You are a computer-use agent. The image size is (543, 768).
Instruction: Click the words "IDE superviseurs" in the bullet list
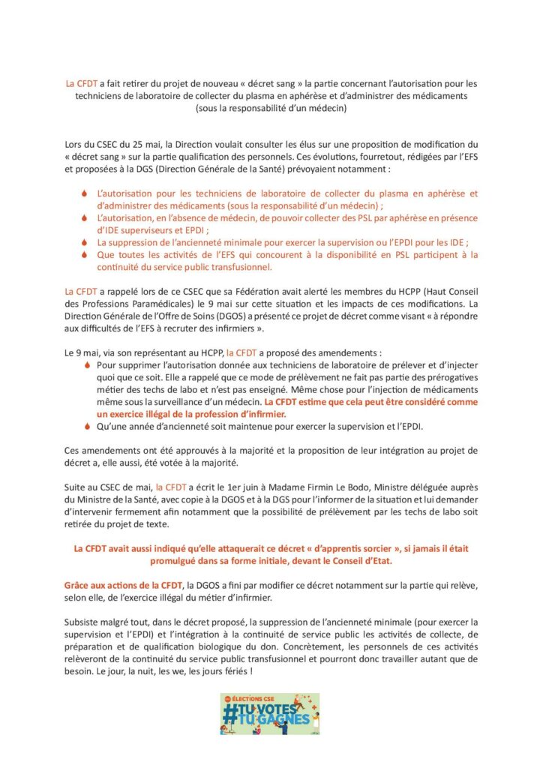click(x=131, y=229)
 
